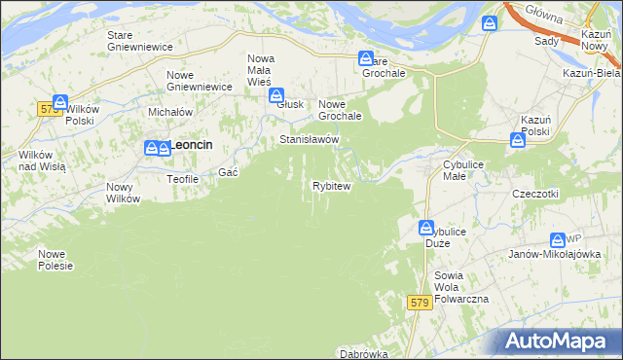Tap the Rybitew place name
331,185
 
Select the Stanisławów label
310,140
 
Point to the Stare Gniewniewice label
139,41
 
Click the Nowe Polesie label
55,260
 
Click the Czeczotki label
535,194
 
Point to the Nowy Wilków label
124,193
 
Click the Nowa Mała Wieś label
260,70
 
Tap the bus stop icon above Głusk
277,95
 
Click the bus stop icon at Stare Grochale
366,58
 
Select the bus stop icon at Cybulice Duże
426,228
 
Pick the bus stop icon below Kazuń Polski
518,140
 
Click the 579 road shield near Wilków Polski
52,109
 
